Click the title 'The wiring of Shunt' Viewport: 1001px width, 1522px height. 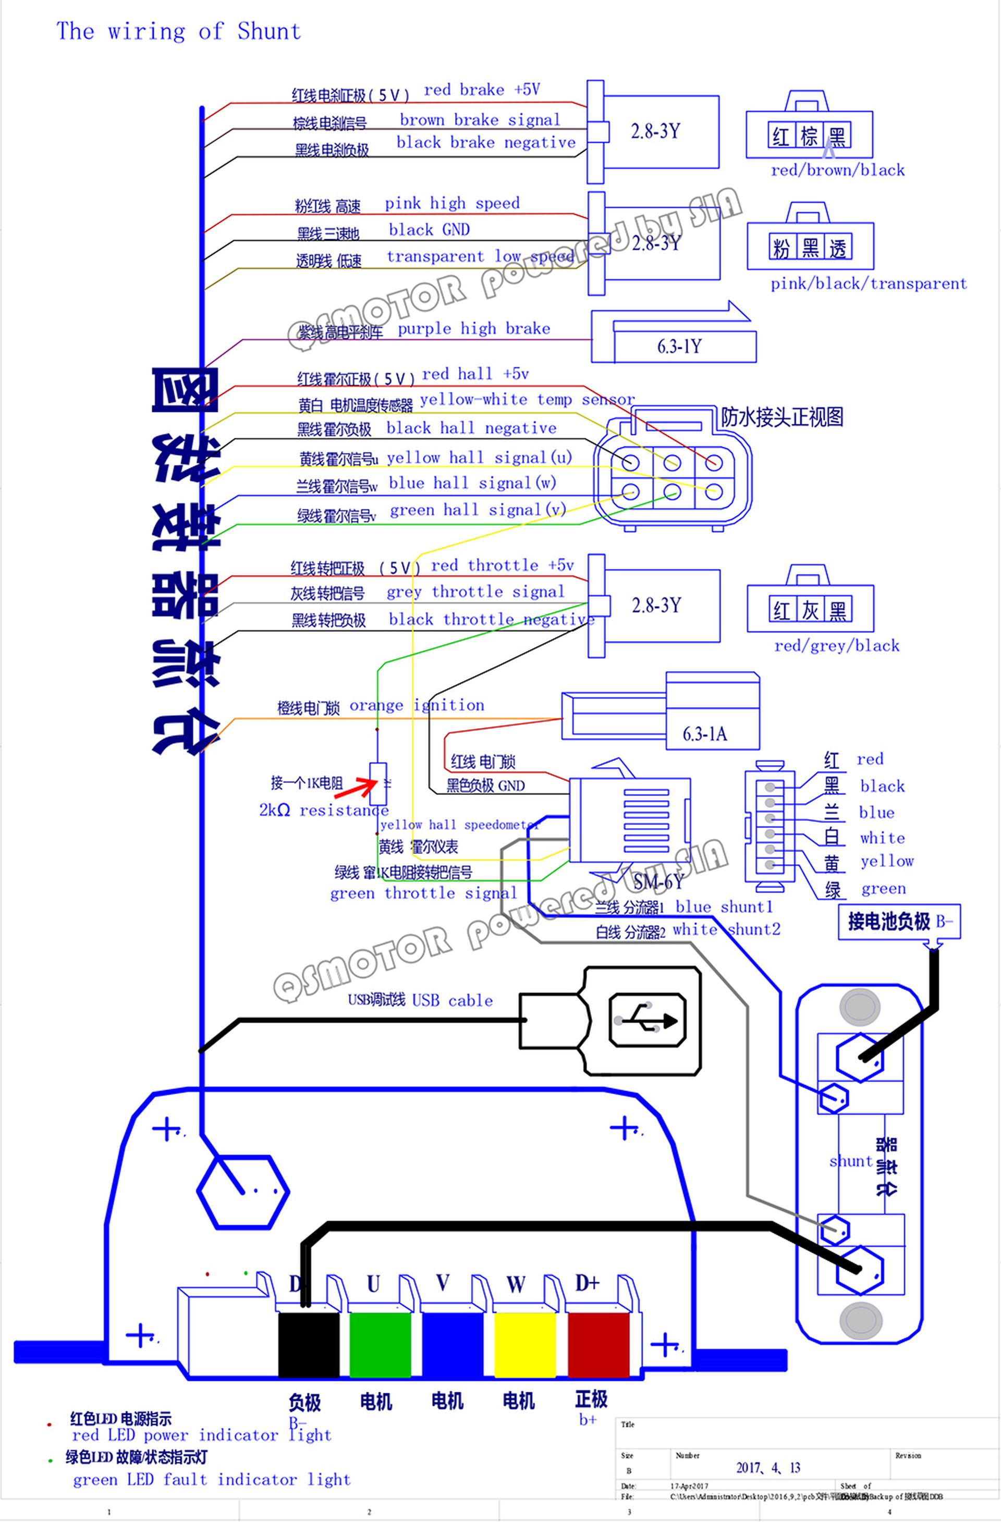[178, 31]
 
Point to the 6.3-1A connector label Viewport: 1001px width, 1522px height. [704, 733]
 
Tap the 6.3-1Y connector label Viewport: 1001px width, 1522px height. [679, 347]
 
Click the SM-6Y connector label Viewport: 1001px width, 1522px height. [658, 882]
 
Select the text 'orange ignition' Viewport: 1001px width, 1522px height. [417, 705]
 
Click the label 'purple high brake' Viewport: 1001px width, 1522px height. [473, 329]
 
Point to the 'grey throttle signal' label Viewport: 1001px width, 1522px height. [475, 592]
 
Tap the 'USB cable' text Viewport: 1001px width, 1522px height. [452, 1000]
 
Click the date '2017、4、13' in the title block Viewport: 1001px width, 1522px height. [767, 1467]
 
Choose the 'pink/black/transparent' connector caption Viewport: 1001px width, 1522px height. [869, 284]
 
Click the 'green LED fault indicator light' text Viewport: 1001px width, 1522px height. [212, 1479]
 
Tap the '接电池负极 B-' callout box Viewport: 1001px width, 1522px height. [899, 921]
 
